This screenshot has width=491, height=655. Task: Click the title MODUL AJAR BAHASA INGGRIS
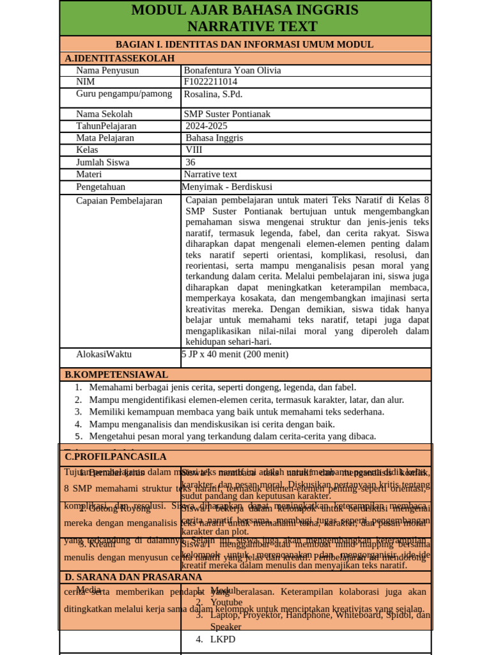click(x=245, y=10)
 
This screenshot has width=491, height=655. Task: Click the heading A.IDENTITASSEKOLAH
click(x=120, y=58)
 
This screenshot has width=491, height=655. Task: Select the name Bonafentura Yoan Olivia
click(x=232, y=70)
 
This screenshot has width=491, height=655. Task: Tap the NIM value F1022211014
click(x=210, y=82)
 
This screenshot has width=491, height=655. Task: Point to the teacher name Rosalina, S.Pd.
click(x=213, y=94)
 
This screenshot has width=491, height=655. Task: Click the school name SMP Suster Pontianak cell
click(x=227, y=114)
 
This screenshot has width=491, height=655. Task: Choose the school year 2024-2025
click(x=206, y=126)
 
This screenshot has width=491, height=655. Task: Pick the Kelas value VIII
click(x=194, y=150)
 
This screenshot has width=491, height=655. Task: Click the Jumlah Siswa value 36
click(x=191, y=162)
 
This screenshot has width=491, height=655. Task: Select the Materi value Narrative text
click(x=210, y=174)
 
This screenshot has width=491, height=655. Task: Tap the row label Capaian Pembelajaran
click(x=119, y=201)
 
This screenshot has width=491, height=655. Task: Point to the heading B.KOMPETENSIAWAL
click(x=116, y=374)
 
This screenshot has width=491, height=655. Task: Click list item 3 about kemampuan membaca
click(x=237, y=411)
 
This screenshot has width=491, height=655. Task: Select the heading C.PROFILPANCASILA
click(x=115, y=457)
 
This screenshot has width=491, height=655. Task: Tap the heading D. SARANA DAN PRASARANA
click(x=133, y=577)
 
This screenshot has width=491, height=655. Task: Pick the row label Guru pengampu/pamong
click(x=124, y=94)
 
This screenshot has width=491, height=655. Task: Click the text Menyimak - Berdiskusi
click(x=227, y=187)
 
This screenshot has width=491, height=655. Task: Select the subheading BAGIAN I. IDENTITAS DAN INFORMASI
click(x=244, y=44)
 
